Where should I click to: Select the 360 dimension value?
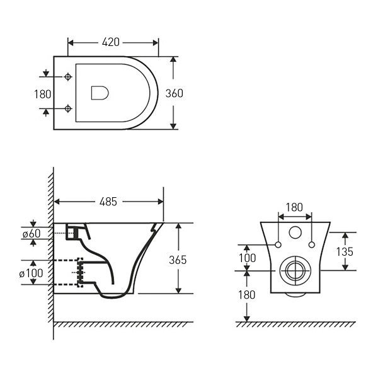click(174, 93)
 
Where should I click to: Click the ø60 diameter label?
click(31, 234)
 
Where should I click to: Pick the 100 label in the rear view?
click(248, 258)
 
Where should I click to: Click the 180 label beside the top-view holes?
click(41, 93)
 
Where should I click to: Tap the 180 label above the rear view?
click(295, 207)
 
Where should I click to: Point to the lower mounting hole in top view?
click(67, 110)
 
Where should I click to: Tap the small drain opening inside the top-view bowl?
click(100, 93)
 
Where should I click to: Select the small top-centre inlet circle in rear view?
click(295, 233)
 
